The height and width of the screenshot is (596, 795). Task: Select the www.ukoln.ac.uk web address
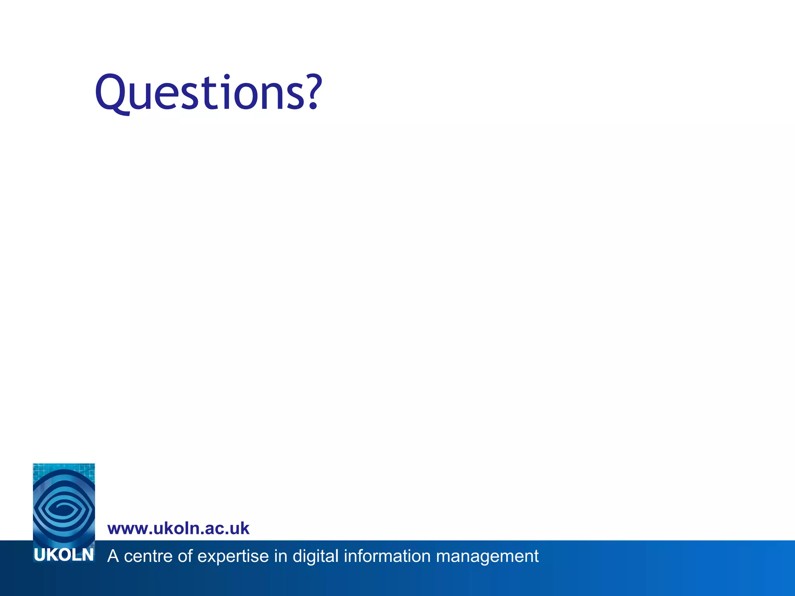coord(178,528)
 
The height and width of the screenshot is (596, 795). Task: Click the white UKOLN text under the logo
coord(64,555)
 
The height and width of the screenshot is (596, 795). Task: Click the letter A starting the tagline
coord(113,556)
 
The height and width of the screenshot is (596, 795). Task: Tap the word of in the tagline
coord(185,556)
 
